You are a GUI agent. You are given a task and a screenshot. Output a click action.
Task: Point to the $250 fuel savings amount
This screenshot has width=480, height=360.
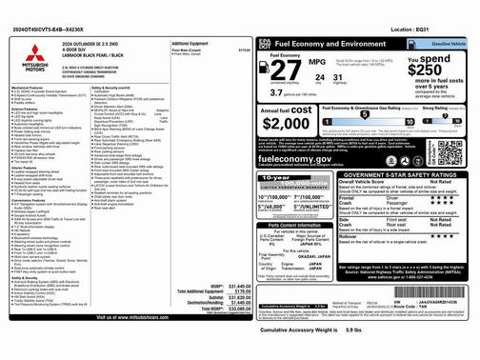(x=425, y=70)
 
